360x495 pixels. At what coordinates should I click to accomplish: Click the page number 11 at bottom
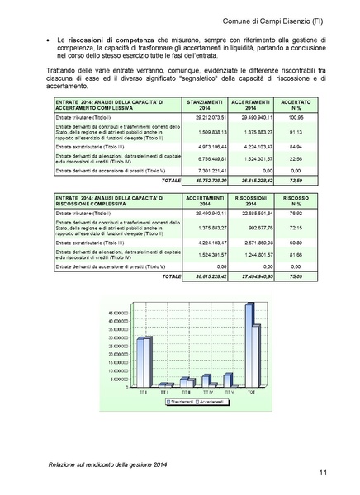pyautogui.click(x=339, y=472)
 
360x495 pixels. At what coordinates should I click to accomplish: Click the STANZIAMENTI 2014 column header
pyautogui.click(x=205, y=103)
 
